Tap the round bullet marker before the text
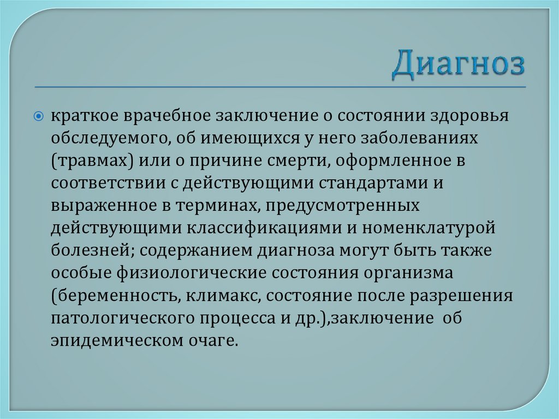[x=39, y=116]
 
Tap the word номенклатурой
[x=426, y=229]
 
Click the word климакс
[x=216, y=297]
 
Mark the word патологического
[x=123, y=320]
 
